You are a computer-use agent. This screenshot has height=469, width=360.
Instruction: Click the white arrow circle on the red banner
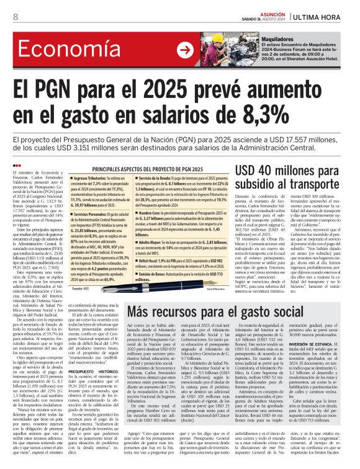click(x=185, y=50)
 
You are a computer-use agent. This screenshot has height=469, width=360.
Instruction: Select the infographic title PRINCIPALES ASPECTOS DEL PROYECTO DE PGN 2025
click(x=154, y=169)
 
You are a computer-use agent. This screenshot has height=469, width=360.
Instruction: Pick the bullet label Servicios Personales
click(x=93, y=215)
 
